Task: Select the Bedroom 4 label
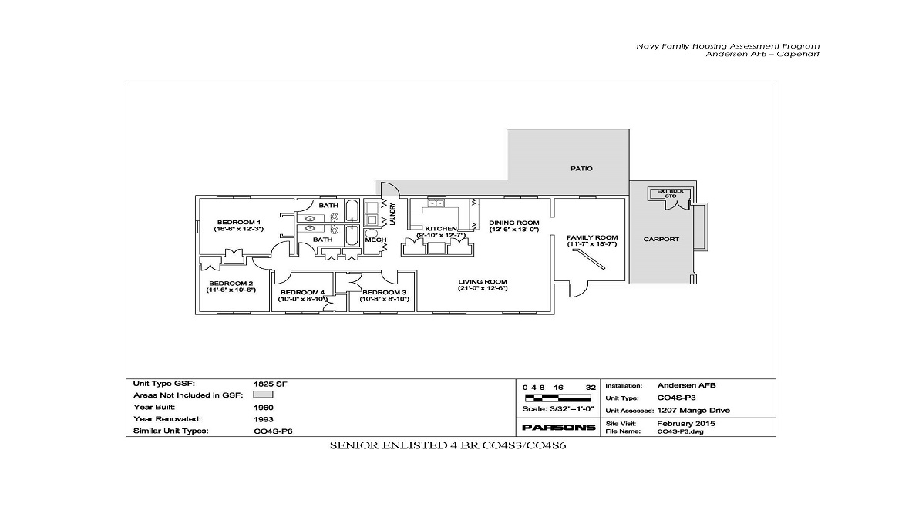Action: (303, 293)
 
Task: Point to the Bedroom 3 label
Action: (385, 293)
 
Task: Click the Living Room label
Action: (482, 281)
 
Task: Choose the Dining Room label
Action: (513, 223)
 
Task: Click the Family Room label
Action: (592, 237)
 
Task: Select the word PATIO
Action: (581, 169)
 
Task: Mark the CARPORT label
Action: (661, 239)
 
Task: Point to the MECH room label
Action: (375, 240)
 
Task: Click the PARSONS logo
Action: (559, 427)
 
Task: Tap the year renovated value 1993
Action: (263, 419)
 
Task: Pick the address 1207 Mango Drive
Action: (693, 411)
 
